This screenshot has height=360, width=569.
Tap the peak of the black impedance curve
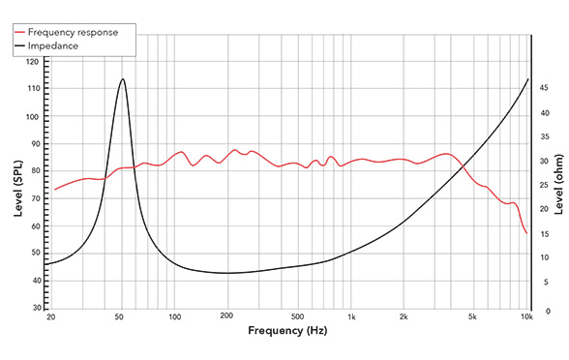pos(123,79)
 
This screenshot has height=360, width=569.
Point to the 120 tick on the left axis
pos(34,62)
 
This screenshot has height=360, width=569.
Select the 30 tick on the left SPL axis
pos(34,308)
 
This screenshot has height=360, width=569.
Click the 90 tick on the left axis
pos(34,144)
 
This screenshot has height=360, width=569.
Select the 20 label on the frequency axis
pos(50,317)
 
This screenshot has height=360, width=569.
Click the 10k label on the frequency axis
pos(526,317)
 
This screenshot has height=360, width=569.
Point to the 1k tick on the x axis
pos(351,317)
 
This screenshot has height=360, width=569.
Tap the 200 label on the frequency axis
pos(227,317)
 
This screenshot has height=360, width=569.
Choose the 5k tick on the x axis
pos(473,317)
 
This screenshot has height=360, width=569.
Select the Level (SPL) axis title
pos(17,184)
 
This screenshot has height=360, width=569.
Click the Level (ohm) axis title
pos(559,184)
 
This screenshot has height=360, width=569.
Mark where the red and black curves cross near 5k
pos(464,165)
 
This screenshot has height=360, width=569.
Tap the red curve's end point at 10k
pos(526,233)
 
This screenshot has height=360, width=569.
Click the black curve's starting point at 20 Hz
pos(45,263)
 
